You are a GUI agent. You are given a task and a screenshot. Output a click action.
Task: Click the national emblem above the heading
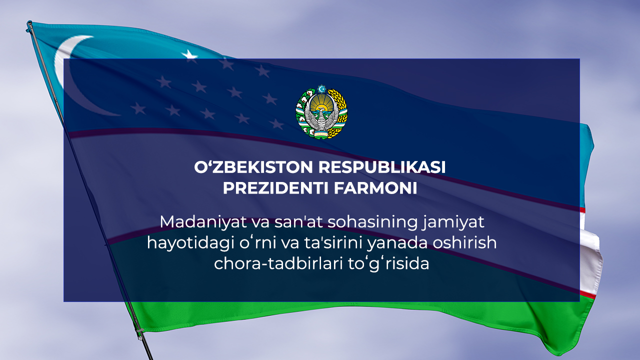(x=321, y=112)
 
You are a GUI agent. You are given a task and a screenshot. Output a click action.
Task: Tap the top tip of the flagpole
(x=29, y=23)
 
